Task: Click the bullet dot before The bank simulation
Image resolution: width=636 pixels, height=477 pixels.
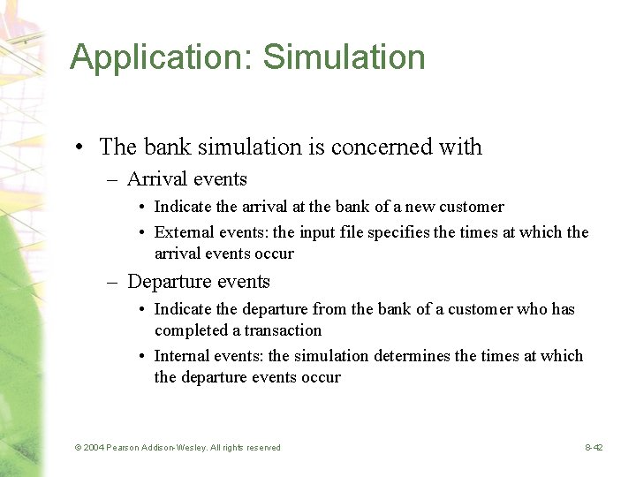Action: [80, 148]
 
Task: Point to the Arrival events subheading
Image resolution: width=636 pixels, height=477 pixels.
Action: [186, 179]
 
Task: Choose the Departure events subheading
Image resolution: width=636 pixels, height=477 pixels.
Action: [199, 282]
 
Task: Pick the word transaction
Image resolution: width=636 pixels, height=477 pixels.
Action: [283, 330]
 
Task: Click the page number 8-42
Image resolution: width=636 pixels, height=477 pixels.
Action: [594, 448]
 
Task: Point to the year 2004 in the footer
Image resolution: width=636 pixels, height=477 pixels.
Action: [94, 448]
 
